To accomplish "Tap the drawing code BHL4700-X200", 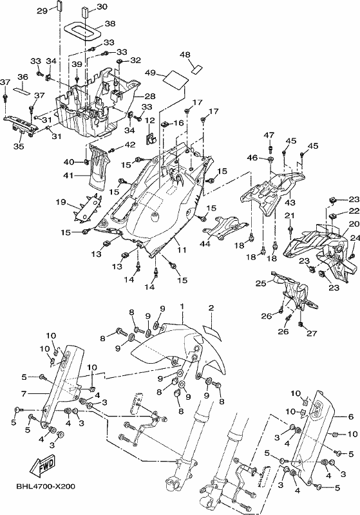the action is pyautogui.click(x=46, y=486).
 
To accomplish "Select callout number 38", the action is pyautogui.click(x=110, y=24).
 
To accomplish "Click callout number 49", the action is pyautogui.click(x=150, y=73).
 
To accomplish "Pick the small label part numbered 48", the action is pyautogui.click(x=197, y=69).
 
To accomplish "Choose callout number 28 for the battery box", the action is pyautogui.click(x=150, y=96).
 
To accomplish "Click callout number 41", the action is pyautogui.click(x=68, y=176).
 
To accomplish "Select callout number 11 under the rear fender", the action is pyautogui.click(x=182, y=250).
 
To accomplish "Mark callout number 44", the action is pyautogui.click(x=206, y=244).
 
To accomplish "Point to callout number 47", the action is pyautogui.click(x=269, y=135).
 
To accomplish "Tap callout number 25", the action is pyautogui.click(x=261, y=283).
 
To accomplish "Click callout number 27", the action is pyautogui.click(x=312, y=333).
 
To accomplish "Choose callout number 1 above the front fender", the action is pyautogui.click(x=182, y=306).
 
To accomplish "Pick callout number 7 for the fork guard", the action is pyautogui.click(x=23, y=393).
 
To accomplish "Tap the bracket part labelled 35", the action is pyautogui.click(x=19, y=126).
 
